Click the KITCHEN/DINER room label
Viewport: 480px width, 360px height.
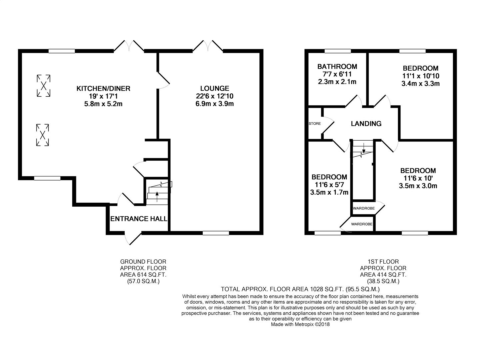pyautogui.click(x=103, y=89)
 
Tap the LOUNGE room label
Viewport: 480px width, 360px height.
pyautogui.click(x=215, y=88)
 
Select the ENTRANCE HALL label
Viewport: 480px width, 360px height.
pyautogui.click(x=139, y=219)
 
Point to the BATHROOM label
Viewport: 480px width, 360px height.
pyautogui.click(x=337, y=66)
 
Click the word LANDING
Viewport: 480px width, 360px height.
pyautogui.click(x=366, y=124)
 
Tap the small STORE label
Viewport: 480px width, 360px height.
pyautogui.click(x=315, y=124)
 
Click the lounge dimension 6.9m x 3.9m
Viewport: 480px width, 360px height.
pyautogui.click(x=215, y=104)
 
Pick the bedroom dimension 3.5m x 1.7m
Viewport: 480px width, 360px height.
pyautogui.click(x=329, y=192)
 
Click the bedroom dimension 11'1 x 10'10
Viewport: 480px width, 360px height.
pyautogui.click(x=421, y=76)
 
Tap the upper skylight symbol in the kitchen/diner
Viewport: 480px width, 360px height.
pyautogui.click(x=44, y=86)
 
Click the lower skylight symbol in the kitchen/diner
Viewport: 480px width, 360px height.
pyautogui.click(x=42, y=135)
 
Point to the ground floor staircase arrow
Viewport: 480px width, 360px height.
pyautogui.click(x=157, y=197)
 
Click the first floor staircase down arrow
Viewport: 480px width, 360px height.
pyautogui.click(x=363, y=148)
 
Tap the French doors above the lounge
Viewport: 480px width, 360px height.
pyautogui.click(x=208, y=46)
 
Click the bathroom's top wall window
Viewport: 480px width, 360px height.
pyautogui.click(x=338, y=51)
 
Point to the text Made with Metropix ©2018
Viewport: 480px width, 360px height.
pyautogui.click(x=300, y=324)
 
